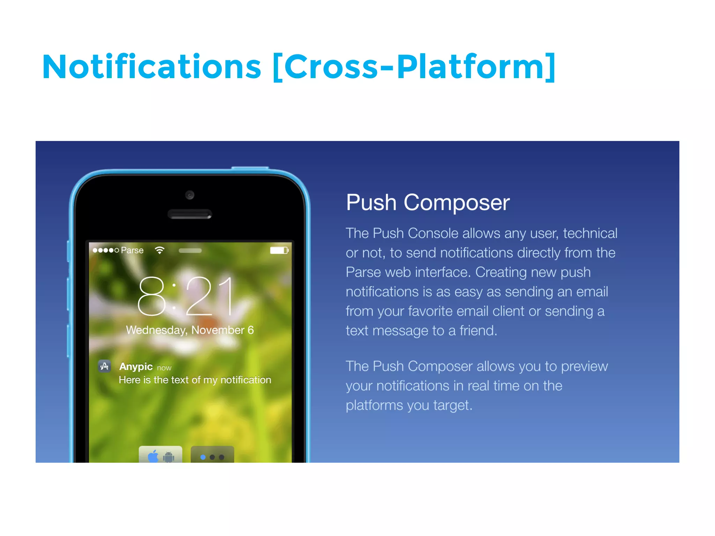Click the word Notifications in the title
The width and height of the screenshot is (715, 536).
click(152, 67)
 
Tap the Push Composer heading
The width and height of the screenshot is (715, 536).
click(428, 202)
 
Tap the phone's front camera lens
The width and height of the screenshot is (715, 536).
click(190, 195)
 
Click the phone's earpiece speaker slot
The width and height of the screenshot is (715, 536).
click(190, 214)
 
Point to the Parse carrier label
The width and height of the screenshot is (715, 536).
click(132, 250)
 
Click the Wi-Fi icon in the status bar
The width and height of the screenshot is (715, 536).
click(160, 250)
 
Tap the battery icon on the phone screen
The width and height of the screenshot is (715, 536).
click(279, 250)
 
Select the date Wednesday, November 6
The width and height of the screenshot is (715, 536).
click(190, 330)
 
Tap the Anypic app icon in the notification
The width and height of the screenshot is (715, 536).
click(104, 366)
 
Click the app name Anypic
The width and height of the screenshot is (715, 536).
click(136, 366)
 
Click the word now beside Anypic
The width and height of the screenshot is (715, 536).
click(164, 368)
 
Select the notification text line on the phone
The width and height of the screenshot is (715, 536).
click(195, 380)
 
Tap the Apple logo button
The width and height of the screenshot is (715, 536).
click(153, 456)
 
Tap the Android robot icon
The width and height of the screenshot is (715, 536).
click(169, 456)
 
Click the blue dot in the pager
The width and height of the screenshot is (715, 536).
click(203, 457)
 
